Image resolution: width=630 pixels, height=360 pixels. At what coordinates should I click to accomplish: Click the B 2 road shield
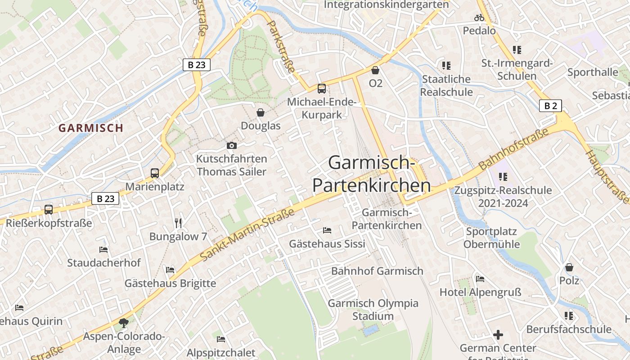point(550,106)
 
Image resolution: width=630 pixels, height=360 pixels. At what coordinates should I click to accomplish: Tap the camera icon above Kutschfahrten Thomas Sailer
point(232,145)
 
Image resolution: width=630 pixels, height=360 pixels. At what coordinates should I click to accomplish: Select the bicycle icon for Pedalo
point(479,18)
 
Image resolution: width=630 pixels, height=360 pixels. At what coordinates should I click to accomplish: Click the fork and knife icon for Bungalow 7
point(178,223)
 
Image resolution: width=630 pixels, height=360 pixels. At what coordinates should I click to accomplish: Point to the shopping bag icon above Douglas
point(261,112)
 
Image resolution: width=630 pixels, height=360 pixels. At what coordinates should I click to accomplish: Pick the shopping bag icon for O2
point(375,70)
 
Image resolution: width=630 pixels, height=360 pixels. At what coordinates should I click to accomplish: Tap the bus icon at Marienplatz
point(155,173)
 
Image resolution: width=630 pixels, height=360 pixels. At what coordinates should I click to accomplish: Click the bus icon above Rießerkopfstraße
point(49,209)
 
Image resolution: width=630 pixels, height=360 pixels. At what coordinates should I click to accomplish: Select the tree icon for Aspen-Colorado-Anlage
point(124,322)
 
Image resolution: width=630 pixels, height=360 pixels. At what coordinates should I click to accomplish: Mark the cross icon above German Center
point(498,335)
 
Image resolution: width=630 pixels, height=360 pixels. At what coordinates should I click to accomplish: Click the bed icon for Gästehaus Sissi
point(327,230)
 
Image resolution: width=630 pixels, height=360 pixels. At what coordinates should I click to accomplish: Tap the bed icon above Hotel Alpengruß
point(480,279)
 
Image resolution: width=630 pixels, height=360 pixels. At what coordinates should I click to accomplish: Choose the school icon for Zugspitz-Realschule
point(503,177)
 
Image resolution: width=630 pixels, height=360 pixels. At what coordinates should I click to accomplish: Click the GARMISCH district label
point(91,128)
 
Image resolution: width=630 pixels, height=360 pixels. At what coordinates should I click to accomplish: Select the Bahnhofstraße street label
point(514,148)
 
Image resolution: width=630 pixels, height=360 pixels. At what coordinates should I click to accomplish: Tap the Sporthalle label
point(593,72)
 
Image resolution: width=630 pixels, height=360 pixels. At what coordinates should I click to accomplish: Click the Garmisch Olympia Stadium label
point(373,310)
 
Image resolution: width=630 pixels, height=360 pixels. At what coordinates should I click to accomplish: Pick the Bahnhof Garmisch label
point(377,271)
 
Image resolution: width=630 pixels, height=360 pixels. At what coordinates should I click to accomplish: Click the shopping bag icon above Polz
point(569,267)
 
